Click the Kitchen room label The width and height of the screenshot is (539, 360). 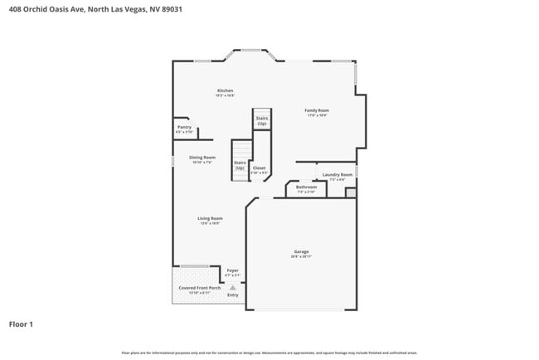(225, 90)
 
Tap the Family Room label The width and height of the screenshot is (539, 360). (317, 110)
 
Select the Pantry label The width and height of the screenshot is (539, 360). (183, 127)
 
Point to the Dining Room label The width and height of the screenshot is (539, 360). (202, 157)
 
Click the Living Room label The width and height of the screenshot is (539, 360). (209, 218)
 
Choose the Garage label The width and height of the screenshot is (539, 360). (301, 251)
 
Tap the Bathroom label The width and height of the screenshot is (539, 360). (306, 187)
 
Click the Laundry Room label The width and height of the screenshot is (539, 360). (337, 175)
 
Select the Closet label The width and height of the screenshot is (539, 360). (259, 168)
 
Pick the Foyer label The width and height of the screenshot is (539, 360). (233, 270)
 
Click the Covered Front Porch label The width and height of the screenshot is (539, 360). (199, 288)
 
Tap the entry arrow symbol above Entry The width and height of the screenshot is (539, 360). (233, 287)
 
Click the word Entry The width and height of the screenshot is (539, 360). (233, 294)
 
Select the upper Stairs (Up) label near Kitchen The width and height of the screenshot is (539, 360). (261, 121)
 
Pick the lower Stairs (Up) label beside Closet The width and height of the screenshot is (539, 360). (240, 165)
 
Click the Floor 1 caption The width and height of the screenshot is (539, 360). (21, 324)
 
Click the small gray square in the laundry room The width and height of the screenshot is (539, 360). (350, 192)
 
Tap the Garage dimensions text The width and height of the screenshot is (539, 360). (301, 257)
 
